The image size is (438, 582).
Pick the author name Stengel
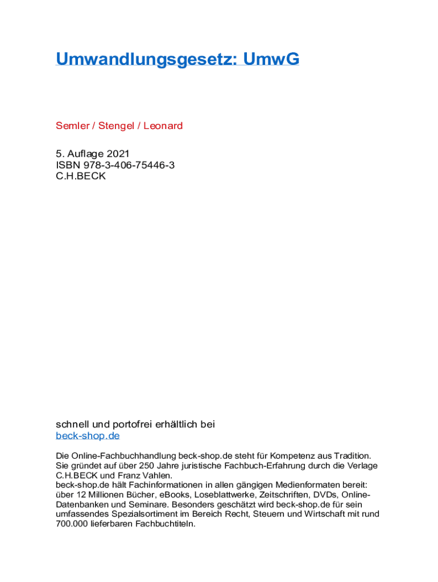point(115,126)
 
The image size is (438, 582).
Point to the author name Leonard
point(163,126)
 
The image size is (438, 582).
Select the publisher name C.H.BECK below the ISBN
point(80,176)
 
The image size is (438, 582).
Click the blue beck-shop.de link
point(88,436)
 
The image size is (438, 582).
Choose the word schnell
point(73,425)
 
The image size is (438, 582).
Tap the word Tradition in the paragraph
point(350,456)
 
